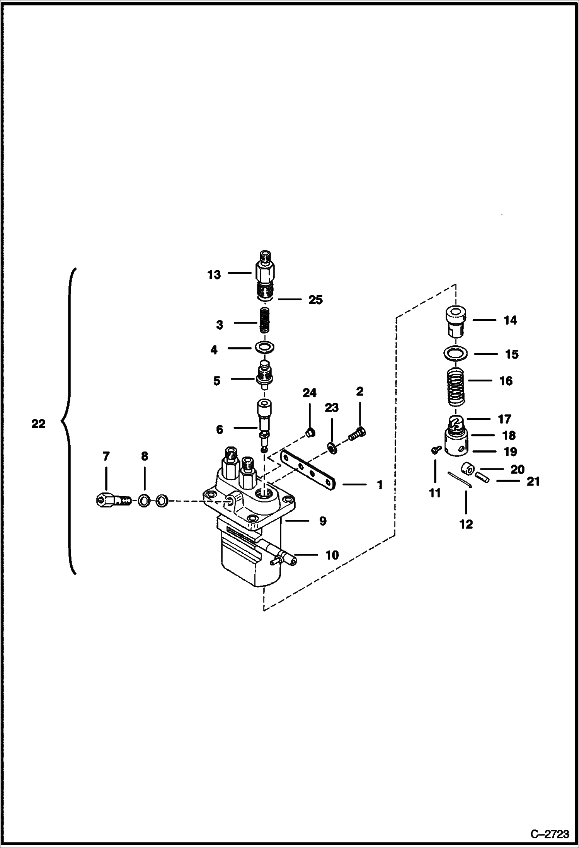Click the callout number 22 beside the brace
(38, 424)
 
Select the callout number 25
(315, 300)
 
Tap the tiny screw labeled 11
(434, 449)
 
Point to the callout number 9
(323, 521)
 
